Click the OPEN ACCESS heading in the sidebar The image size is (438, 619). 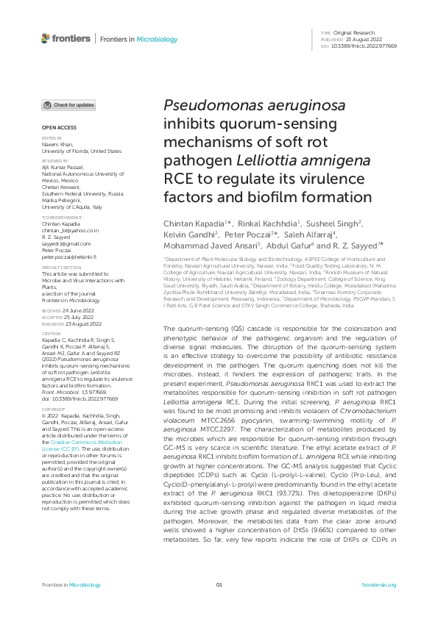click(x=54, y=128)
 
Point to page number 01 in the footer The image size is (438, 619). click(x=219, y=584)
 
